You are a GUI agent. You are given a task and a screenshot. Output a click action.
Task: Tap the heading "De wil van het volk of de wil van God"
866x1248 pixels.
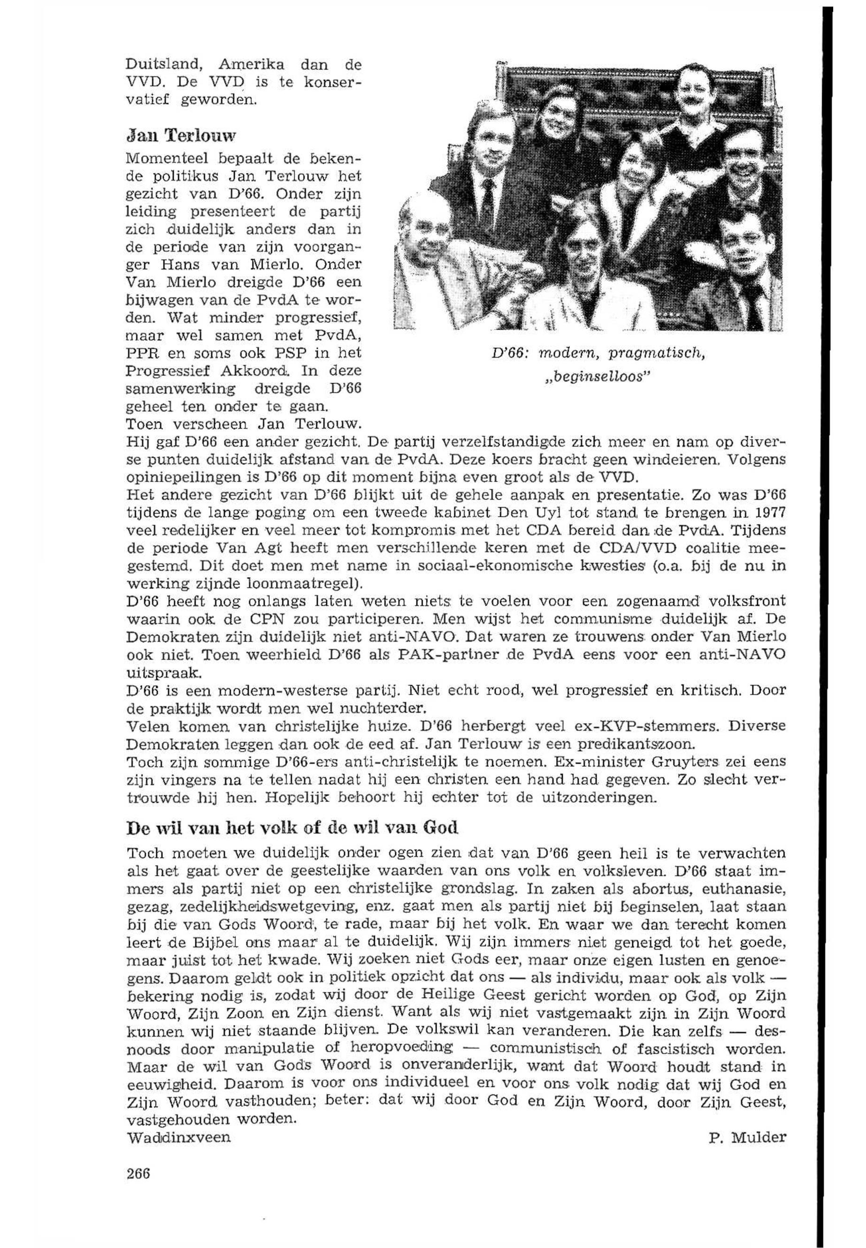tap(292, 828)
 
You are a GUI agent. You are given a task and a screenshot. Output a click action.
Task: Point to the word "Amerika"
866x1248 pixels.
tap(251, 65)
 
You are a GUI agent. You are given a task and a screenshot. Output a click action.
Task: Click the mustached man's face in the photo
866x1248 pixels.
tap(693, 94)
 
